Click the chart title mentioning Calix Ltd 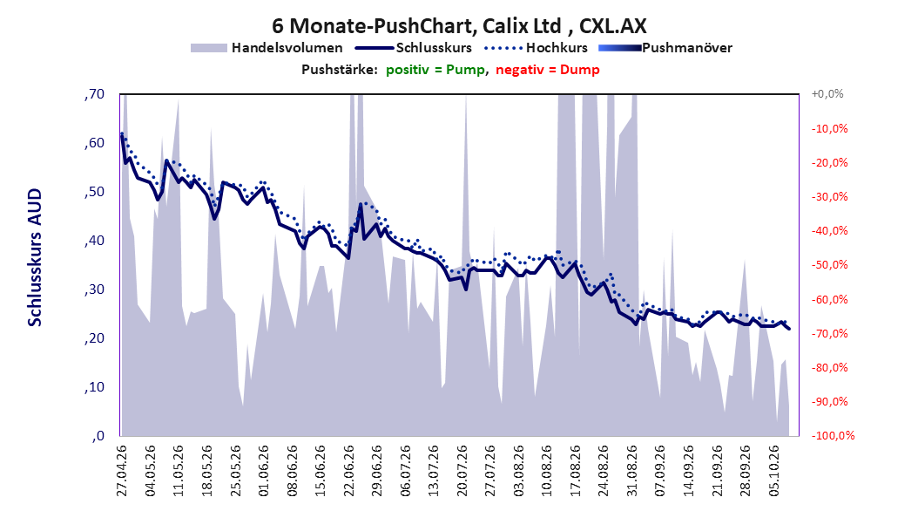(x=459, y=26)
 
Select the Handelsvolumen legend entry (x=267, y=48)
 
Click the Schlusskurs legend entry (x=414, y=48)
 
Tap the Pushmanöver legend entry (x=665, y=48)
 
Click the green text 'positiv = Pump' (x=435, y=70)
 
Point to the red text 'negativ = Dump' (x=548, y=70)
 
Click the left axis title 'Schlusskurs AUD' (x=35, y=257)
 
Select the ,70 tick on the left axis (x=94, y=94)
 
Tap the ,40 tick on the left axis (x=94, y=241)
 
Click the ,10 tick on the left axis (x=94, y=387)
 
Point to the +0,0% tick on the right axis (x=827, y=94)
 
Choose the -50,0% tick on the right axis (x=829, y=265)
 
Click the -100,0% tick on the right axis (x=833, y=435)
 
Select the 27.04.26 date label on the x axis (x=122, y=471)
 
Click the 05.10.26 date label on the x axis (x=774, y=471)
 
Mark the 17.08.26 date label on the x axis (x=576, y=471)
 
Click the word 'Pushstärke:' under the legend (x=340, y=70)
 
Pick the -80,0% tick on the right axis (x=829, y=367)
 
